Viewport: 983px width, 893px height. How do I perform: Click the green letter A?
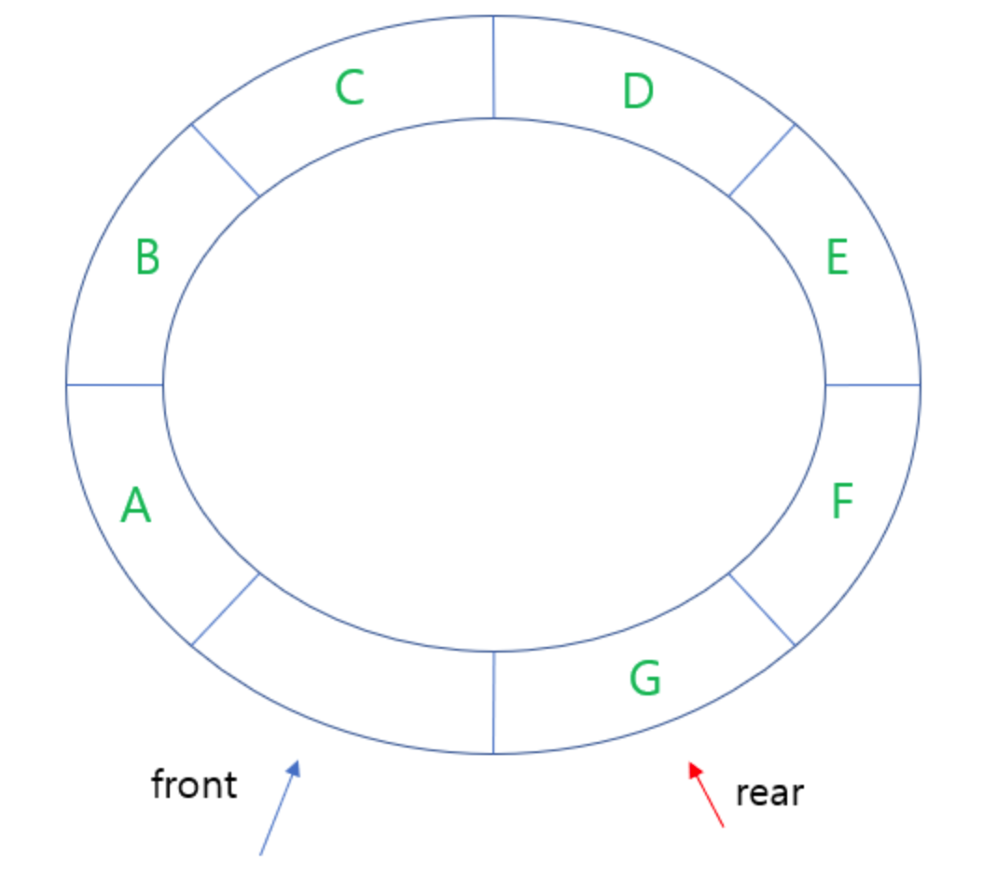[x=136, y=506]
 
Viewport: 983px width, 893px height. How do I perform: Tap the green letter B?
[x=147, y=257]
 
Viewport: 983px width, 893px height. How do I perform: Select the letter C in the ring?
[x=350, y=89]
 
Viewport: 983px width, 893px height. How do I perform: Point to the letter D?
[x=638, y=92]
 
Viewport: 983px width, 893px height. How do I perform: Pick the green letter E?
[x=838, y=257]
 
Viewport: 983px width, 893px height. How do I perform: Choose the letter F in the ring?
[x=841, y=501]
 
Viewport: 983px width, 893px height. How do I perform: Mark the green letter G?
[x=645, y=679]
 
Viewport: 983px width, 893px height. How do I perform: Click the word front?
[x=194, y=785]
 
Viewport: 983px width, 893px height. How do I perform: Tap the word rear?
[x=769, y=793]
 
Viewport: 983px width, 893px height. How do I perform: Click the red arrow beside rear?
[x=706, y=794]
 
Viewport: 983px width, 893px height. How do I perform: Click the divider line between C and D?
[x=493, y=67]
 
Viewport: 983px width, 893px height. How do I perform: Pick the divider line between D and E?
[x=762, y=160]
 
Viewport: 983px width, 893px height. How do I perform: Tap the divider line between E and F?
[x=873, y=384]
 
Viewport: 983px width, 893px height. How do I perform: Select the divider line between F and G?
[x=761, y=610]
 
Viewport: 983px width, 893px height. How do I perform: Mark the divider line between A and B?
[x=115, y=384]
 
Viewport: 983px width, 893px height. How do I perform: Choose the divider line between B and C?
[x=226, y=160]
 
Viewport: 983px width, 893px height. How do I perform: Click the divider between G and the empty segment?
[x=493, y=703]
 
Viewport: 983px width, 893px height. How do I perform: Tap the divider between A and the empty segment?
[x=226, y=609]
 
